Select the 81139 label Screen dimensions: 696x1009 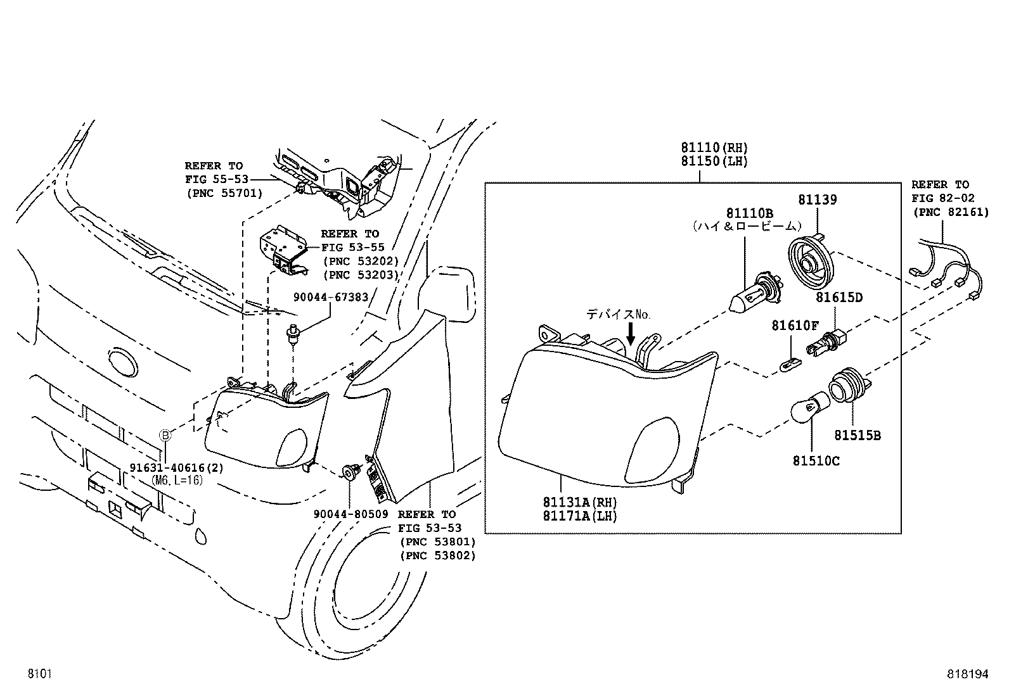pos(817,199)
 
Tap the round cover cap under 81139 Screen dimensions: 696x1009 pos(813,262)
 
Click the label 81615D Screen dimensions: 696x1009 pos(839,297)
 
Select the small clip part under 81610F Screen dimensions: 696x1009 pos(790,365)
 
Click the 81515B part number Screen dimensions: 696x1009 pos(856,436)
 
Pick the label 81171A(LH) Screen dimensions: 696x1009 pos(579,516)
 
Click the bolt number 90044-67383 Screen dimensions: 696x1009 pos(330,297)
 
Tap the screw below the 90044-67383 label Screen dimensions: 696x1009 pos(292,334)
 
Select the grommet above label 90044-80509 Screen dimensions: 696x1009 pos(350,472)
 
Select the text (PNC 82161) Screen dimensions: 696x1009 pos(950,212)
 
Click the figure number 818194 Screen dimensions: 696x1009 pos(967,674)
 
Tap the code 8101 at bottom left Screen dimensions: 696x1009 pos(38,674)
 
